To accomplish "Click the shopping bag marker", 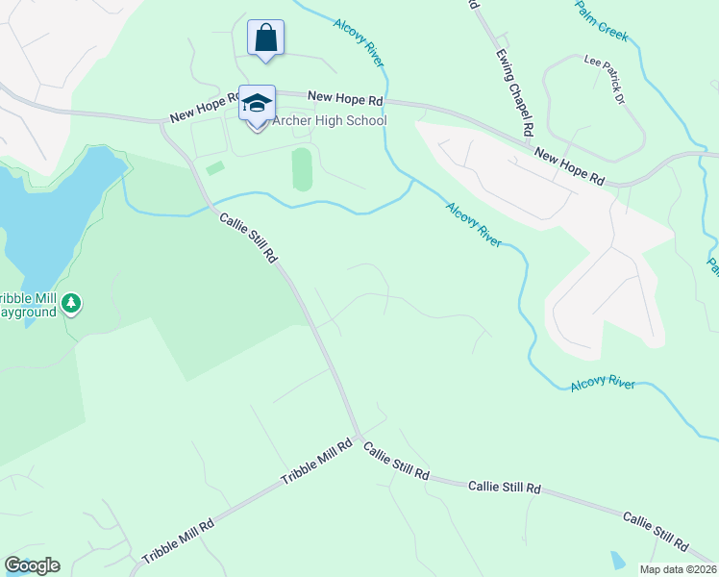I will tap(265, 39).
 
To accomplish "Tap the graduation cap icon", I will tap(257, 104).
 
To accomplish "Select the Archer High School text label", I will tap(330, 121).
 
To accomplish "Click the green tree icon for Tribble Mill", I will tap(70, 304).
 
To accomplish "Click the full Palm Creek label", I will tap(601, 21).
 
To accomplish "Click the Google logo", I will tap(32, 565).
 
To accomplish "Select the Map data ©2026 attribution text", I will tap(678, 569).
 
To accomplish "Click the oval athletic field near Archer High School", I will tap(302, 169).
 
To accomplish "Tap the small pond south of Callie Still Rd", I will tap(615, 560).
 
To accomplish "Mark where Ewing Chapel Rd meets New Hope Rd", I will tap(531, 139).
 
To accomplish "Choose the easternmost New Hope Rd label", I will tap(569, 166).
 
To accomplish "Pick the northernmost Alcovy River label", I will tap(359, 41).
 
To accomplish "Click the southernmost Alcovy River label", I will tap(603, 384).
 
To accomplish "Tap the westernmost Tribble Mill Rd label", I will tap(177, 541).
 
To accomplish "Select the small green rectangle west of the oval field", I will tap(215, 168).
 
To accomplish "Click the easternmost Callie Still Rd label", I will tap(655, 531).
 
